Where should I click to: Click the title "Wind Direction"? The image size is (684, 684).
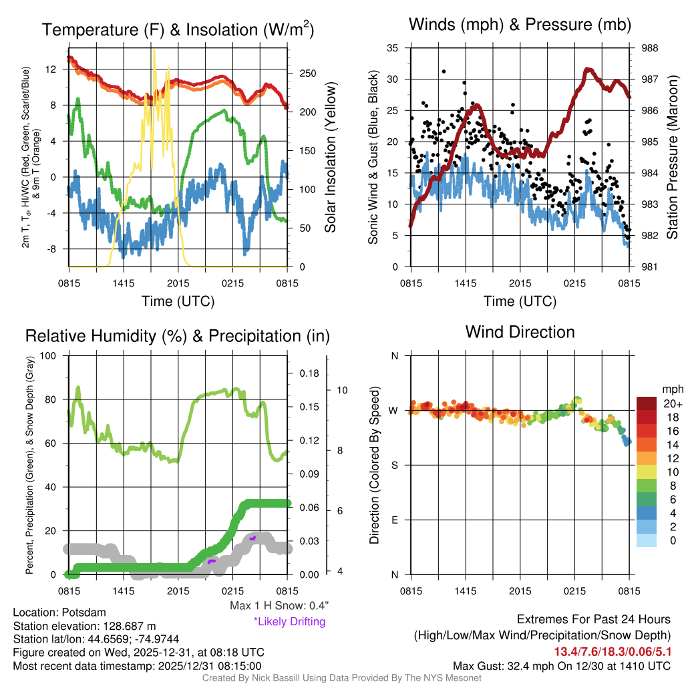(520, 331)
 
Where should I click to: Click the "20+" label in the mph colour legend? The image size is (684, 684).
(672, 403)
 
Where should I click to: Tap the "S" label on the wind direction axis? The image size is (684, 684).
(394, 465)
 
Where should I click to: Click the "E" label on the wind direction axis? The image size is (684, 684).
(394, 520)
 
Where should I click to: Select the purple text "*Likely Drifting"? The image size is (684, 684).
(289, 621)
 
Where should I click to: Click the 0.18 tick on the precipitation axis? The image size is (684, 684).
(310, 373)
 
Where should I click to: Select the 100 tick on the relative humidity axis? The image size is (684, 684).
(49, 355)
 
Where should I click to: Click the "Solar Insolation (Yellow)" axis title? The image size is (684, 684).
(330, 157)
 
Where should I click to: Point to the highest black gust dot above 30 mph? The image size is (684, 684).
(444, 71)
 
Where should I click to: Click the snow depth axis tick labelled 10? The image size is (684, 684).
(341, 389)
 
